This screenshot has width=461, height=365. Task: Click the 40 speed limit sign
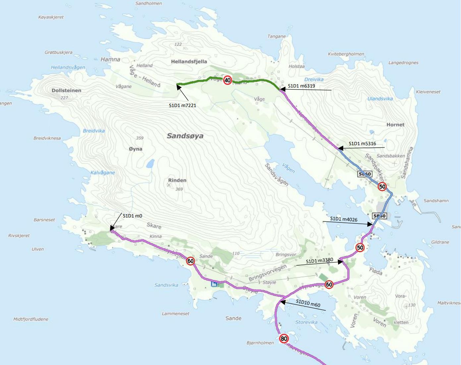coord(227,80)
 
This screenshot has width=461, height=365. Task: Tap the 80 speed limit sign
coord(284,338)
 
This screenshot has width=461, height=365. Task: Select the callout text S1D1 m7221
coord(182,105)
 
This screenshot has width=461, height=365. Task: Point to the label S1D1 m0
coord(132,216)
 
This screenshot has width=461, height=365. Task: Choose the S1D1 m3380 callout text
coord(319,261)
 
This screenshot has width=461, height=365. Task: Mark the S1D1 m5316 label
coord(362,144)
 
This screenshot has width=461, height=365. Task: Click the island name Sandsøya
coord(185,136)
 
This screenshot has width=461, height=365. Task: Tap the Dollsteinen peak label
coord(66,91)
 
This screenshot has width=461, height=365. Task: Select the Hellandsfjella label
coord(189,61)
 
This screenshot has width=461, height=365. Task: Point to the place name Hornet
coord(395,125)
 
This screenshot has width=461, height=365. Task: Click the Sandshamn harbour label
coord(436,201)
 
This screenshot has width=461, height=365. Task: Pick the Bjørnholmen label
coord(260,343)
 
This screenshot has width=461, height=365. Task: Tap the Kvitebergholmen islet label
coord(346,54)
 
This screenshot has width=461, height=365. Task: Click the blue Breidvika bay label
coord(94,131)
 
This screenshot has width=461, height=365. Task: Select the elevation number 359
coord(140,138)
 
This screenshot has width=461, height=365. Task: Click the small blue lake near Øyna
coord(150,163)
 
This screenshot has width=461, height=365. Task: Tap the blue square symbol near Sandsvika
coord(214,284)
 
